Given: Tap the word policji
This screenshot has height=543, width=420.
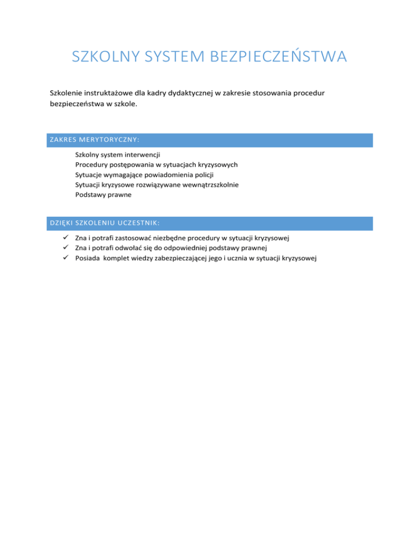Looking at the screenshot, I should pyautogui.click(x=202, y=174).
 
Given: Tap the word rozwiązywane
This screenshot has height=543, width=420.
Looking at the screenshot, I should pyautogui.click(x=159, y=184).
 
